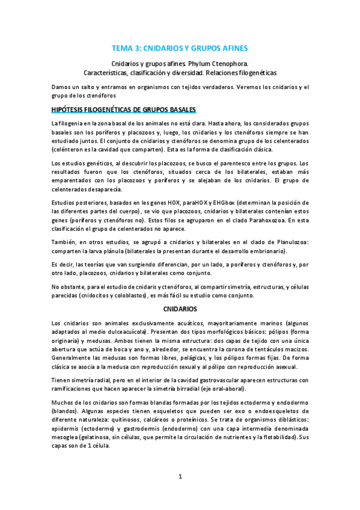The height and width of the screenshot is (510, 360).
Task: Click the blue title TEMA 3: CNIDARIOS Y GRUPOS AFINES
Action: pos(180,48)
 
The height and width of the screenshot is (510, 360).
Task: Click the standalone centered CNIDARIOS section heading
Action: pos(180,309)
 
